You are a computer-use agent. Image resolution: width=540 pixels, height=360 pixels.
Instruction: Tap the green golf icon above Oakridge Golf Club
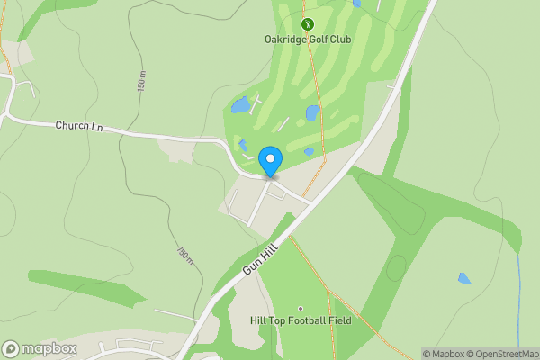pos(308,24)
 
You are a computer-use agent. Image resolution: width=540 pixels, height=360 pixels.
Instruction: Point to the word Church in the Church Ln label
pos(72,126)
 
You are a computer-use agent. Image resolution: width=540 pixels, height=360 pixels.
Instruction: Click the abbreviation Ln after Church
pos(97,129)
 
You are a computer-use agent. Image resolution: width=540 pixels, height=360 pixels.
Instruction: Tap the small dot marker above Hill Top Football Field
pos(301,308)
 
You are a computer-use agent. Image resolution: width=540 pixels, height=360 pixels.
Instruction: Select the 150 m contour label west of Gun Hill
pos(184,256)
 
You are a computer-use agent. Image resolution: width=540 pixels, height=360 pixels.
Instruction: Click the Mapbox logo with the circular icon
pos(40,348)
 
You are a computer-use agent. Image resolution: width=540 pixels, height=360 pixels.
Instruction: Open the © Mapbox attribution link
pos(445,354)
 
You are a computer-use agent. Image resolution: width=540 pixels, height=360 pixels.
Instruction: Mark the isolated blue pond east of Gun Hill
pos(464,278)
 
